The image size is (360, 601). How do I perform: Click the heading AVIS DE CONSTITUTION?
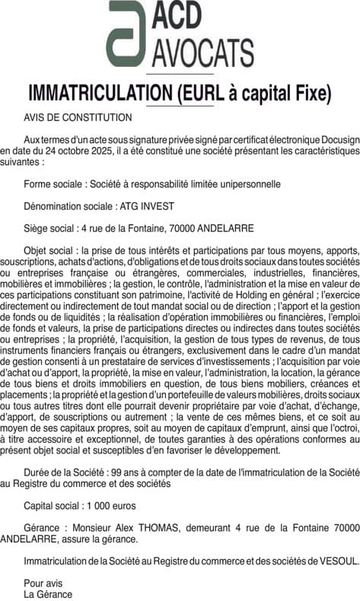click(x=78, y=118)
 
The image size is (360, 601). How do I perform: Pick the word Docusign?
click(x=335, y=141)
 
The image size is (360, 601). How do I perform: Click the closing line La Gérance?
click(x=49, y=594)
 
